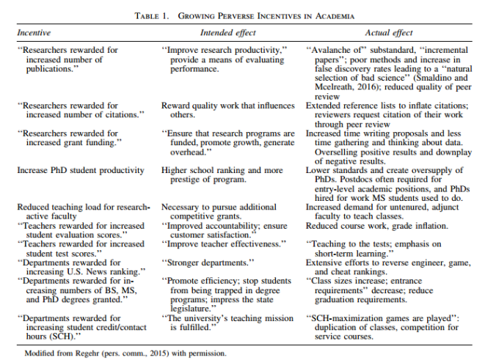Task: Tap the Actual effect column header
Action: tap(389, 33)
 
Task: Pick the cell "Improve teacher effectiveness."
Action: tap(224, 243)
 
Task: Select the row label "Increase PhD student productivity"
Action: tap(81, 170)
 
